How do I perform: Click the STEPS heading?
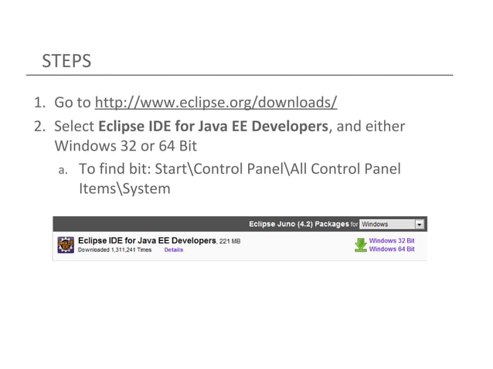point(66,61)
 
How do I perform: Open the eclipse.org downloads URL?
point(216,103)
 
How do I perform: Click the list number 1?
point(37,103)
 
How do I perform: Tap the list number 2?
point(37,126)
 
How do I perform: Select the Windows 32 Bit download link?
point(392,241)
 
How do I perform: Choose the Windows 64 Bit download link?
point(392,249)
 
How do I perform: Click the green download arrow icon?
point(360,245)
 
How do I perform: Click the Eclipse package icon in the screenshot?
point(66,245)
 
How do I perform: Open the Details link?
point(174,250)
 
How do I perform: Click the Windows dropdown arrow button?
point(420,225)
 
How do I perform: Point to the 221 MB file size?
point(230,242)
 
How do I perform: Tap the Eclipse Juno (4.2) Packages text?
point(298,225)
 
